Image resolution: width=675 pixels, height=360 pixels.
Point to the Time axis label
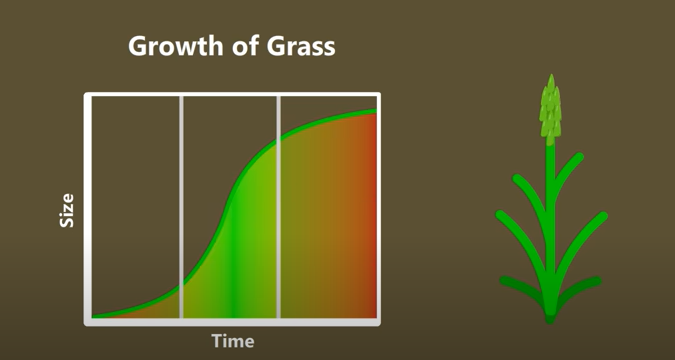[x=232, y=341]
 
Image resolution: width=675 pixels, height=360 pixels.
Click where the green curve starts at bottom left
[x=95, y=317]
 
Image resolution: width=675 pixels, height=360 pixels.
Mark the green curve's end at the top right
[x=376, y=111]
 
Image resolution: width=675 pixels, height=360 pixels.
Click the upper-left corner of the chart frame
[x=89, y=97]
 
